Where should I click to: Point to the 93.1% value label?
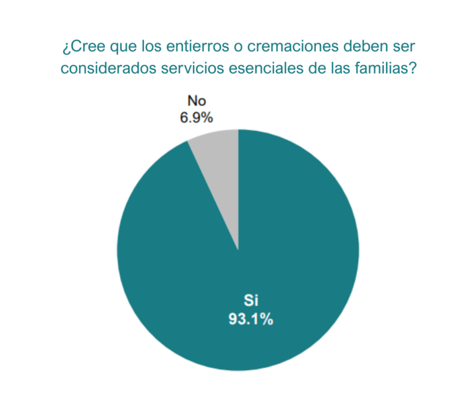click(250, 320)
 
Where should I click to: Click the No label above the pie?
click(197, 101)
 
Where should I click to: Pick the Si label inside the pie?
click(250, 302)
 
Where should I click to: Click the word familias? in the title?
click(388, 69)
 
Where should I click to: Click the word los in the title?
click(149, 47)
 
